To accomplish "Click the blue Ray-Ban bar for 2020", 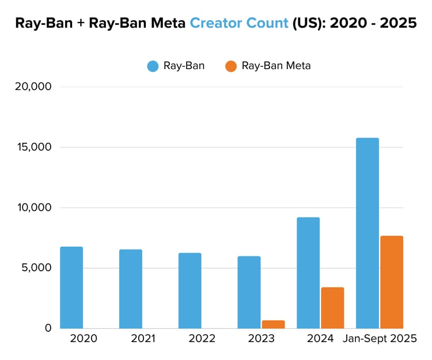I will (x=71, y=287).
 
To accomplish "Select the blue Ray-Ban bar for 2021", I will (x=131, y=289).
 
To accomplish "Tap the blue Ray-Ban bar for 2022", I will (x=190, y=290).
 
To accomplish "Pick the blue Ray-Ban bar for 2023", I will (x=249, y=292).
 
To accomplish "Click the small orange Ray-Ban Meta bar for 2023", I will (x=274, y=324).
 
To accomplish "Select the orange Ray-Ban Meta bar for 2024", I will (x=332, y=308).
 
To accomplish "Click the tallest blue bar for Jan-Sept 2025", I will (x=367, y=233).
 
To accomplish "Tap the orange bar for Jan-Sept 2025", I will (x=392, y=282).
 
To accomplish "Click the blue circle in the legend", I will (x=153, y=66).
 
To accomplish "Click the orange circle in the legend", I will (x=231, y=66).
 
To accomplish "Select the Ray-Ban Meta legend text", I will (x=276, y=66).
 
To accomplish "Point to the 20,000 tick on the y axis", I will (x=33, y=87).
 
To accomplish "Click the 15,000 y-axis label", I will (x=33, y=147).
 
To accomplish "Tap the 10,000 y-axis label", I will (x=33, y=207).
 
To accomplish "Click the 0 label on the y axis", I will (x=48, y=328).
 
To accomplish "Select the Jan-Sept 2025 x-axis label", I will (x=380, y=339).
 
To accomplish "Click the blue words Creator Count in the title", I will (x=239, y=24).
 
